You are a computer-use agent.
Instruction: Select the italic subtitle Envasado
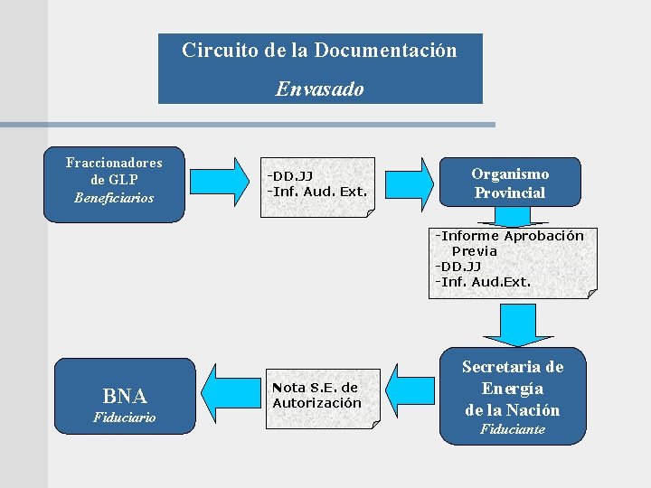[x=319, y=89]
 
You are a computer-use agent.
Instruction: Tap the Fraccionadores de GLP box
[x=114, y=183]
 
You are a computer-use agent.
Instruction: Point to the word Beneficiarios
[x=114, y=198]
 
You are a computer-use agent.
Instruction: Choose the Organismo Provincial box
[x=509, y=183]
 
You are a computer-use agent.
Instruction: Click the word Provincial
[x=510, y=193]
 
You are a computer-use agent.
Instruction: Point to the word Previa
[x=475, y=251]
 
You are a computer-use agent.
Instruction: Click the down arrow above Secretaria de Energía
[x=514, y=325]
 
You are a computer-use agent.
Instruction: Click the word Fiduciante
[x=513, y=429]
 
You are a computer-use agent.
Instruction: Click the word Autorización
[x=316, y=403]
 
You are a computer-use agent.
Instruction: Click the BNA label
[x=125, y=396]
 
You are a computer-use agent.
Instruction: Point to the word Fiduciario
[x=125, y=418]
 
